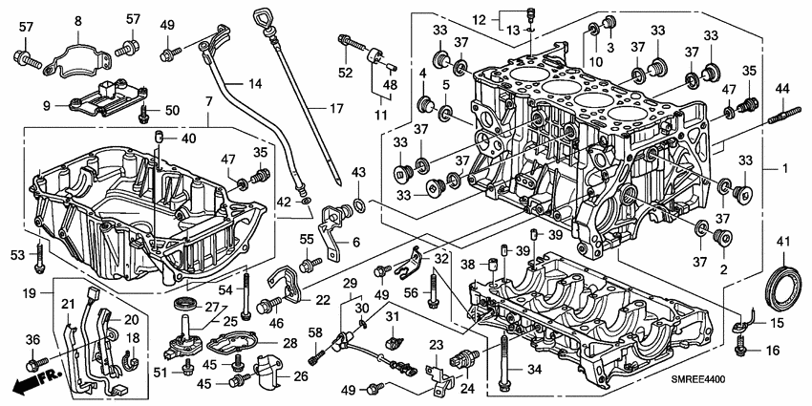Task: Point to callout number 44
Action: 781,88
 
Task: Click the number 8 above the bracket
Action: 77,21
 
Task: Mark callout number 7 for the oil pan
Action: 207,100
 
